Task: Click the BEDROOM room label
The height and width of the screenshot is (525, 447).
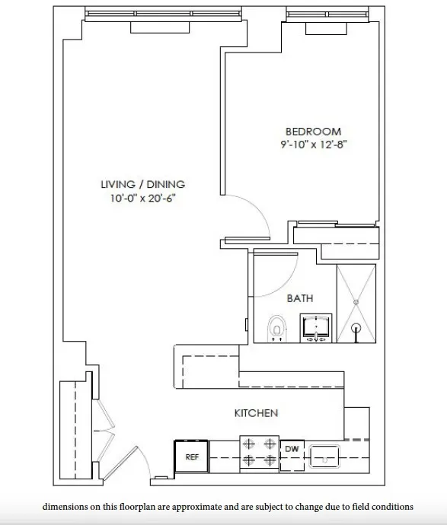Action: pos(313,132)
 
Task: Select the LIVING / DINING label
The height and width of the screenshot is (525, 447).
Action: pos(143,184)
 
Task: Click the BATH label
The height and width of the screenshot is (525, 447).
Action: pos(299,298)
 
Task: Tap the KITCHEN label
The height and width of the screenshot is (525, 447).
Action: pos(255,413)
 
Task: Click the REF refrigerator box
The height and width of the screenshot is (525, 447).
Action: pos(192,457)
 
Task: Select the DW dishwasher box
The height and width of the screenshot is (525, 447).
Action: pos(292,450)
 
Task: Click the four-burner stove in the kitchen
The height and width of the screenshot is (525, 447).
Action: pos(259,451)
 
